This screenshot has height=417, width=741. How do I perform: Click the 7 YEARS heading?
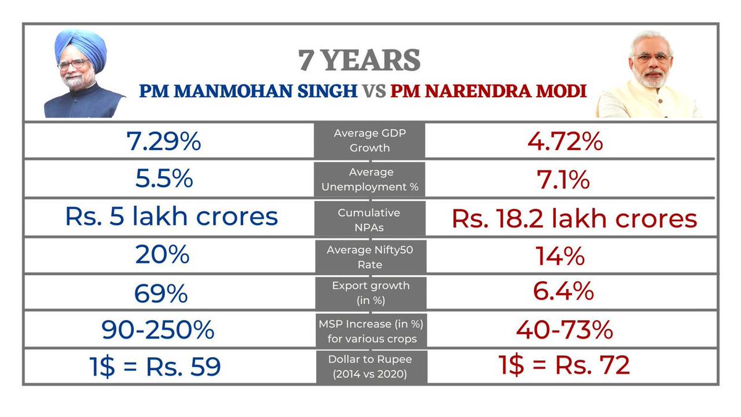tap(359, 61)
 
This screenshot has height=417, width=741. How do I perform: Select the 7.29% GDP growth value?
tap(164, 142)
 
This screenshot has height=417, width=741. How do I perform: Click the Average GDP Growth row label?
tap(370, 140)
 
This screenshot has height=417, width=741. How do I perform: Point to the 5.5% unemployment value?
tap(164, 179)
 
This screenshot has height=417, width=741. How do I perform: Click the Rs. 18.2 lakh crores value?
tap(574, 218)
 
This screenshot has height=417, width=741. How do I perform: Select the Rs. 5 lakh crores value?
tap(171, 217)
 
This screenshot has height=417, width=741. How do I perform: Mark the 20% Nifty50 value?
tap(163, 255)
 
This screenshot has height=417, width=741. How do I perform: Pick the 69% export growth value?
tap(161, 293)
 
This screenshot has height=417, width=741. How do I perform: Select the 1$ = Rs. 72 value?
tap(564, 365)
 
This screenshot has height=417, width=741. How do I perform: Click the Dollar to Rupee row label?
tap(370, 366)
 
